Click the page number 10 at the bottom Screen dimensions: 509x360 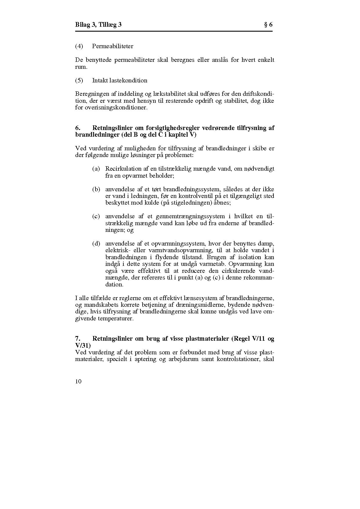(78, 381)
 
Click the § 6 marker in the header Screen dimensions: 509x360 (268, 25)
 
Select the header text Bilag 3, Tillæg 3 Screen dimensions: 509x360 (98, 25)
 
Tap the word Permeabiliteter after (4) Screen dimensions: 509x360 (113, 46)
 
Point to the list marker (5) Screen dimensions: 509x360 (79, 80)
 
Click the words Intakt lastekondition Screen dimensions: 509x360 (120, 80)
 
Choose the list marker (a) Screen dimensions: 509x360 (96, 169)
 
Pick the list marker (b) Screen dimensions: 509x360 (96, 189)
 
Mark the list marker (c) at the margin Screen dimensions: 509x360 (96, 216)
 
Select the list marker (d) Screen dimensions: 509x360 (96, 243)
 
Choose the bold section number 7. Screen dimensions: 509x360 (78, 339)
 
